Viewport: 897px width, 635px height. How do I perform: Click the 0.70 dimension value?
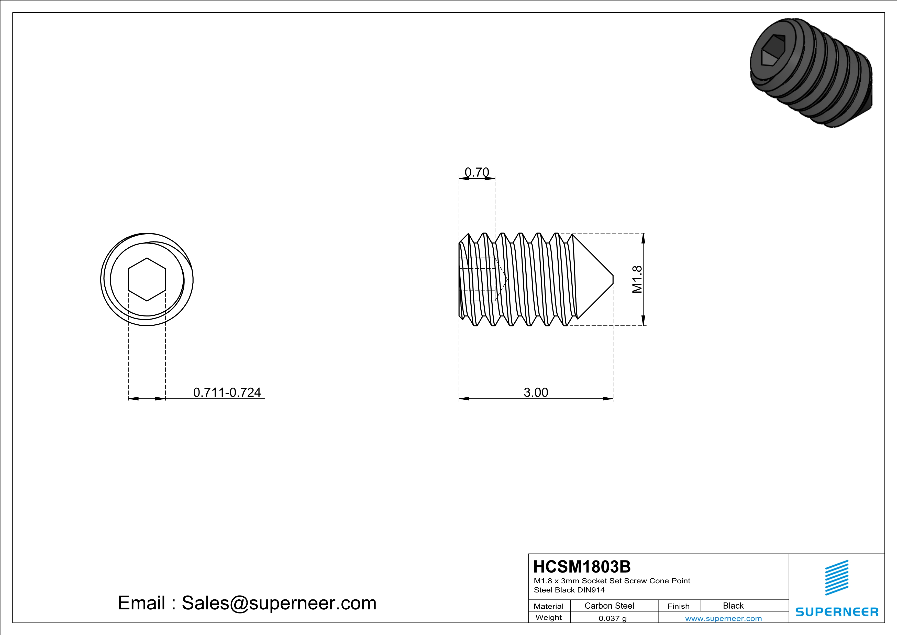(x=477, y=172)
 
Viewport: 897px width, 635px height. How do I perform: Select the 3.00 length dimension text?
(x=536, y=392)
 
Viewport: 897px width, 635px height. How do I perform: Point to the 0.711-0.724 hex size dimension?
(x=227, y=392)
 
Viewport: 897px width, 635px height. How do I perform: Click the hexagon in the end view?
(x=147, y=280)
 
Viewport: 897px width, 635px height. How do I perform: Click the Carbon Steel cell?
(x=609, y=606)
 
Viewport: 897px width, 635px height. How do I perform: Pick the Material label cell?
(x=549, y=606)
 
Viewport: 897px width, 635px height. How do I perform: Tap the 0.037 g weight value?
(x=613, y=618)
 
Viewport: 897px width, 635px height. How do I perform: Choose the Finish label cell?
(x=678, y=606)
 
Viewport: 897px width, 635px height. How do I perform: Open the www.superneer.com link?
(x=723, y=618)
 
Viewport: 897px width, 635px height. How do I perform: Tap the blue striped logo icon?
(x=836, y=578)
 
